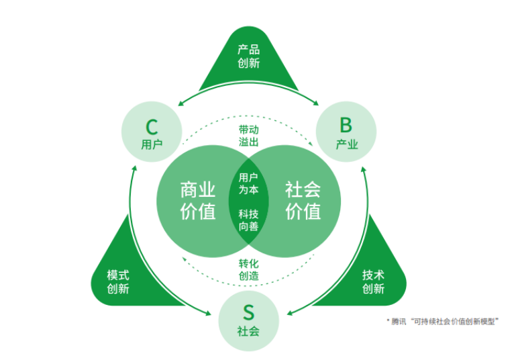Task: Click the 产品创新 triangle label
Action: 248,56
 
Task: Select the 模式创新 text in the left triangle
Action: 118,282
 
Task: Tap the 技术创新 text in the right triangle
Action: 373,282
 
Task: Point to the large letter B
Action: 346,124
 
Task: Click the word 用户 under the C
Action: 152,144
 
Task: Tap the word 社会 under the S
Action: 248,331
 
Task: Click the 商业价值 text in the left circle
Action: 198,199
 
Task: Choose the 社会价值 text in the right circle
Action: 303,199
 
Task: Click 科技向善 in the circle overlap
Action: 249,220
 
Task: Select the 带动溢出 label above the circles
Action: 249,135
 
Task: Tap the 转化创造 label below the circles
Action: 249,269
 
